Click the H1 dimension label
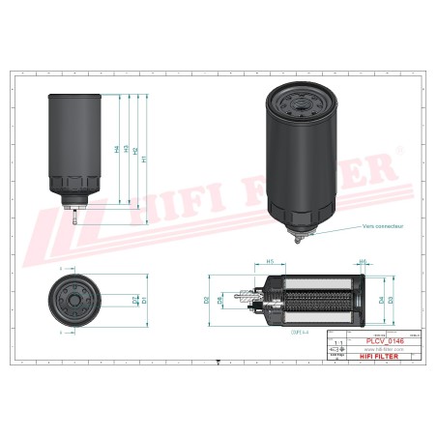click(x=144, y=160)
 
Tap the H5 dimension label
click(x=271, y=261)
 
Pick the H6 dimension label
click(x=364, y=261)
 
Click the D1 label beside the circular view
click(x=144, y=301)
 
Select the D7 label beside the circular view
click(x=135, y=301)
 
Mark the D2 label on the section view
click(x=207, y=301)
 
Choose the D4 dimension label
click(x=381, y=301)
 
